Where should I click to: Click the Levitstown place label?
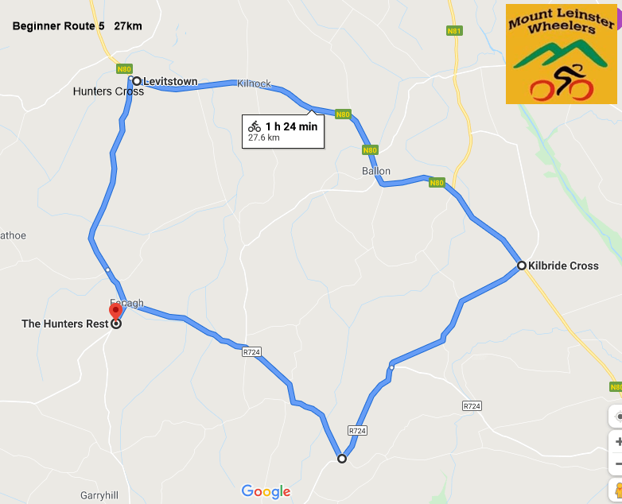[x=170, y=81]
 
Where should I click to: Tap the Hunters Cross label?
[x=108, y=91]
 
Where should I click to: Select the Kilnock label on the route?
[x=254, y=83]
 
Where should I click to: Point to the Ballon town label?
[x=376, y=171]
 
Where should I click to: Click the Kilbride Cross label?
[x=563, y=266]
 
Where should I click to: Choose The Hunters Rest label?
[x=64, y=324]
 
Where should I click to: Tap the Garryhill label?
[x=99, y=495]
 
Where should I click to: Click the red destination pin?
[x=116, y=310]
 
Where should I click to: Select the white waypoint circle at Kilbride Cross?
[x=521, y=266]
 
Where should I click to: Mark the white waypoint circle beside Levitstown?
[x=137, y=81]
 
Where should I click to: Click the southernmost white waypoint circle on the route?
[x=342, y=459]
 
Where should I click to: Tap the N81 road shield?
[x=453, y=31]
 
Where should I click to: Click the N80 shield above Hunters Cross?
[x=124, y=69]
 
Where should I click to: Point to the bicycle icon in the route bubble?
[x=255, y=126]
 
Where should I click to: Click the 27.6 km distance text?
[x=263, y=138]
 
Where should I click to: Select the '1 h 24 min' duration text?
[x=291, y=126]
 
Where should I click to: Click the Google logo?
[x=266, y=491]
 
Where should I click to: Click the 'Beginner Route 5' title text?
[x=58, y=26]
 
